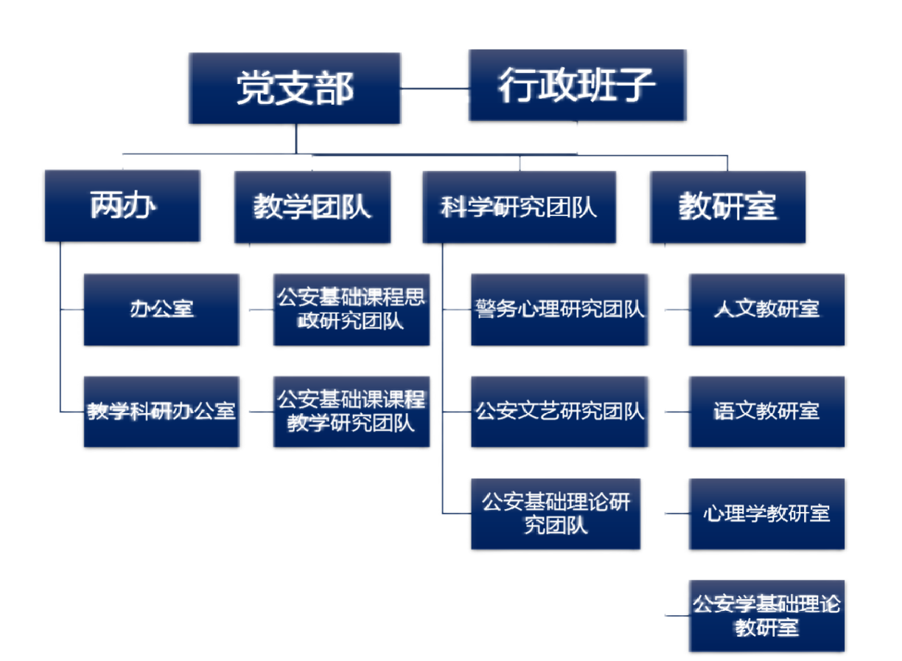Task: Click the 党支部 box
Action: point(295,88)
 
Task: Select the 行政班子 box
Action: point(578,85)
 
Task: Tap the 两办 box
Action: point(122,207)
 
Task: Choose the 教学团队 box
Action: point(312,207)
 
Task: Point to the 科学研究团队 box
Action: point(519,207)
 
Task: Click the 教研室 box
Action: point(727,207)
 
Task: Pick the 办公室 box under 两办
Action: point(161,308)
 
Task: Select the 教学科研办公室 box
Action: point(161,411)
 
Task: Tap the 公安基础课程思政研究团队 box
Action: point(351,309)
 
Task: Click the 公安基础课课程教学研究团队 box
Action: point(351,411)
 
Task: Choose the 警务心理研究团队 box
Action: point(560,309)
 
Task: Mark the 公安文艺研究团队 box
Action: point(560,411)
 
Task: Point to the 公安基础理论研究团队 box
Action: point(556,513)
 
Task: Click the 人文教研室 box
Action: point(766,309)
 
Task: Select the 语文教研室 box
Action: point(766,411)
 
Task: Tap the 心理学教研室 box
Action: point(766,513)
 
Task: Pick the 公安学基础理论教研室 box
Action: point(766,616)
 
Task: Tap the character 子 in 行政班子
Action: point(635,85)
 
